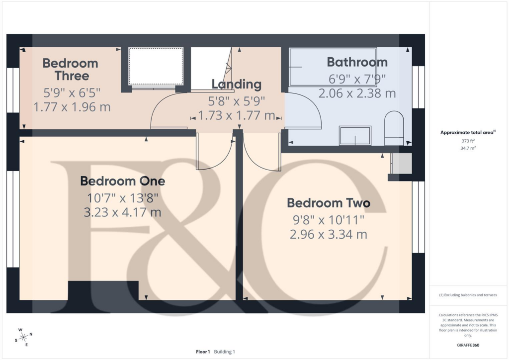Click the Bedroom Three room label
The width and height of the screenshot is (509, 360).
pyautogui.click(x=70, y=70)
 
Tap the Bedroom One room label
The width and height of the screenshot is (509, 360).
pyautogui.click(x=122, y=181)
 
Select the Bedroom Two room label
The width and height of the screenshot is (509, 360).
pyautogui.click(x=329, y=203)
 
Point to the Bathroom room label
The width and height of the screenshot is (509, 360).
pyautogui.click(x=357, y=62)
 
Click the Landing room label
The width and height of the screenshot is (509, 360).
pyautogui.click(x=237, y=84)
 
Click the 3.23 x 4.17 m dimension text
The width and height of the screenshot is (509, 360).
pyautogui.click(x=122, y=212)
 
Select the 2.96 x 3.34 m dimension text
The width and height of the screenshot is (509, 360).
pyautogui.click(x=329, y=234)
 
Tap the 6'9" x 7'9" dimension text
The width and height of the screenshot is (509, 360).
pyautogui.click(x=357, y=79)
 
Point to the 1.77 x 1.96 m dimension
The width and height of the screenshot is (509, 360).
pyautogui.click(x=72, y=106)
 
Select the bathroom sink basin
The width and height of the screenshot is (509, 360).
pyautogui.click(x=355, y=135)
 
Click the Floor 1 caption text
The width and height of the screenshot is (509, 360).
pyautogui.click(x=203, y=352)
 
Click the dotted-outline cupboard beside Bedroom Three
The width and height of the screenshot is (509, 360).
pyautogui.click(x=156, y=67)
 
